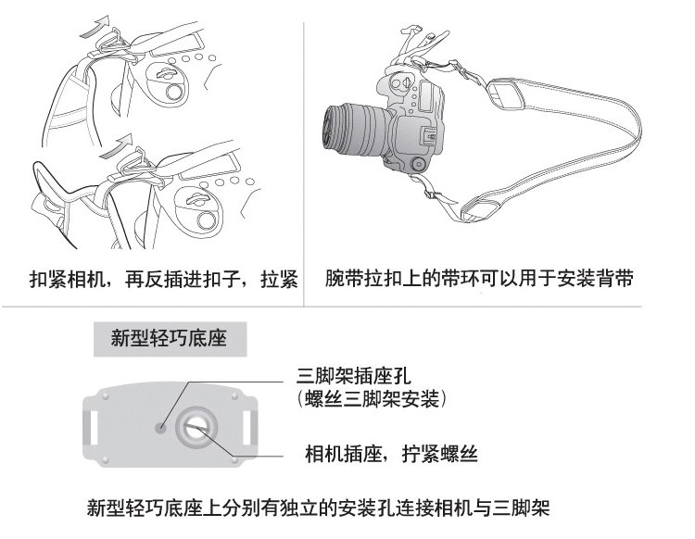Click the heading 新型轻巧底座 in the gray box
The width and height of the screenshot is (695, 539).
169,339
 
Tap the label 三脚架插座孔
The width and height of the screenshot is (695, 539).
354,376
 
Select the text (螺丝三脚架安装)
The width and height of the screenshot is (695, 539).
372,398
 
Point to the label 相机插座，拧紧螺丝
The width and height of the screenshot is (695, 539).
391,454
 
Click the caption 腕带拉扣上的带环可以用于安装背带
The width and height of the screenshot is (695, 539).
479,279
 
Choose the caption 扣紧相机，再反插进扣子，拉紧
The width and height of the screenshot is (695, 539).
163,280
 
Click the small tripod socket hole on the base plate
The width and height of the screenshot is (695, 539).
160,428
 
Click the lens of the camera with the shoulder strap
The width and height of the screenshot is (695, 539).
355,130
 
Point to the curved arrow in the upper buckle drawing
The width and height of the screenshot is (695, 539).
95,28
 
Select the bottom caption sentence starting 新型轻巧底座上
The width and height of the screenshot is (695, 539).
318,508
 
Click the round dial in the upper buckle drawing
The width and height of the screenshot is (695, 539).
174,92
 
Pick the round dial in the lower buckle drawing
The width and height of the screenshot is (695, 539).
206,220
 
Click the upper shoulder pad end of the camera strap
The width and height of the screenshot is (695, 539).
506,94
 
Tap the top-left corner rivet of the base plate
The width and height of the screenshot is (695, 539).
106,395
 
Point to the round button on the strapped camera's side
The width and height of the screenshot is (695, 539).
418,164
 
